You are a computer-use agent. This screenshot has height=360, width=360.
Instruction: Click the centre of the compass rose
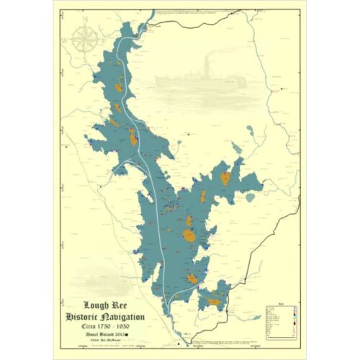pyautogui.click(x=86, y=40)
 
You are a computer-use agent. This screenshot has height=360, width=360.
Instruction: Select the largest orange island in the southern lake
pyautogui.click(x=189, y=235)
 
